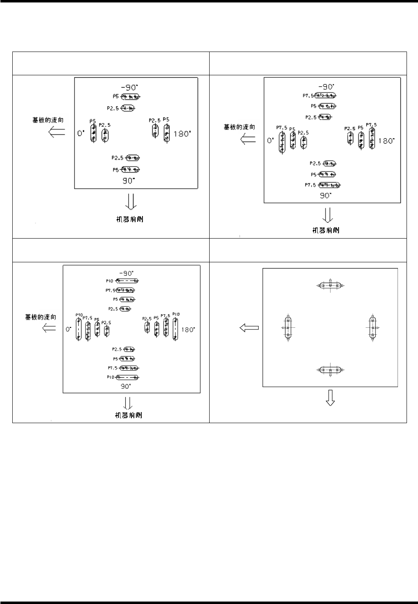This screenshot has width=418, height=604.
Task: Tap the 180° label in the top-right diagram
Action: [386, 140]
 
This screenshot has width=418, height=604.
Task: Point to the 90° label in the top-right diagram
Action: [325, 196]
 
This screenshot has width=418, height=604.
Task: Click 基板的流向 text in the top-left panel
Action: [48, 120]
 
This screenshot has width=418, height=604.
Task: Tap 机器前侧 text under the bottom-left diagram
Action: [128, 415]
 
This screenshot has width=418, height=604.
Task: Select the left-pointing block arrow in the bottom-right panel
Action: [249, 327]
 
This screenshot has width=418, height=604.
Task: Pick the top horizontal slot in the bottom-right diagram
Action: [330, 285]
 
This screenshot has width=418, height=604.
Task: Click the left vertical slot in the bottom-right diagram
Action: [289, 328]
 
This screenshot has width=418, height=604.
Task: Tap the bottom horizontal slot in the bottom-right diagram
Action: [330, 370]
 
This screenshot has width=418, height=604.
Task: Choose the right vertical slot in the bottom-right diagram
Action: [372, 327]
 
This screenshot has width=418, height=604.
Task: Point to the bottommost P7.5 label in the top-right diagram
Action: [310, 185]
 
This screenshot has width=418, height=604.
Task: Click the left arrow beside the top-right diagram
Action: [248, 140]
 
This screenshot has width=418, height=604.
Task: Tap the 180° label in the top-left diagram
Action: [181, 133]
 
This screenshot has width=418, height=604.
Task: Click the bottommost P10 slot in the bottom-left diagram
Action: [127, 377]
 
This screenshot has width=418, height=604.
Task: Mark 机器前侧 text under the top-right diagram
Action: [325, 230]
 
